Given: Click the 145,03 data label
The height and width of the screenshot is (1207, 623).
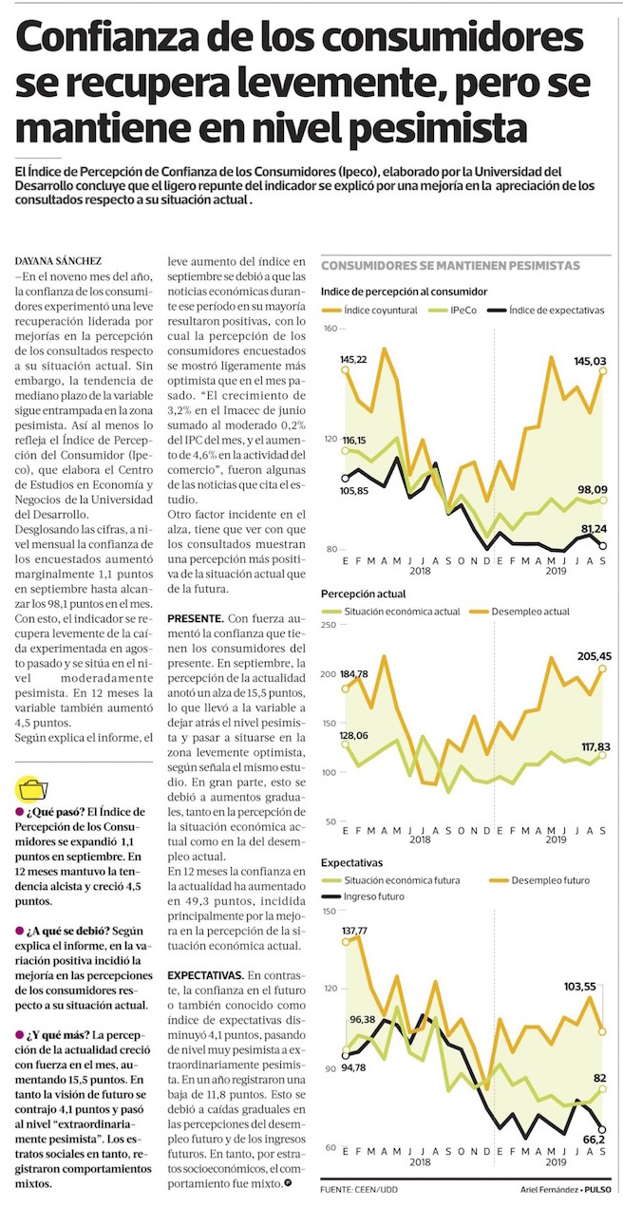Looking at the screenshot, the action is tap(590, 361).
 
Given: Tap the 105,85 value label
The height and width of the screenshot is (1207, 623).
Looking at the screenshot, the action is tap(354, 491).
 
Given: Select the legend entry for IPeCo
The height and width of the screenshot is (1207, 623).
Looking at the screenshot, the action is tap(452, 311).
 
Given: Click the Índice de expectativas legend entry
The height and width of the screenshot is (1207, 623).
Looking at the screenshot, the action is tap(545, 311).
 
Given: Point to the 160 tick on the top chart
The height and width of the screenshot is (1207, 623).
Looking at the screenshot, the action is tap(330, 329).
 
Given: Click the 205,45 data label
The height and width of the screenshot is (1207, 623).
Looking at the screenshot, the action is tap(594, 656).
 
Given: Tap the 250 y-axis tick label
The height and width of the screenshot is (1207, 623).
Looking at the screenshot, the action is tap(329, 625).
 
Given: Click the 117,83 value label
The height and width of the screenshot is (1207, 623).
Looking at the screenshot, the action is tap(595, 746).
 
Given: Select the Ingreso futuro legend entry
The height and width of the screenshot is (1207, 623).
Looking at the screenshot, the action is tap(362, 896).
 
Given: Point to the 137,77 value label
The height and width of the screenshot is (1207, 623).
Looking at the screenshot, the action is tap(354, 931).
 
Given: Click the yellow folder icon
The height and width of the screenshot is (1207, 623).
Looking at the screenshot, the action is tap(31, 789).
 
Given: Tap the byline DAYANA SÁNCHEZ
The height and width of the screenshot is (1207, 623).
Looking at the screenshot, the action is tap(58, 261).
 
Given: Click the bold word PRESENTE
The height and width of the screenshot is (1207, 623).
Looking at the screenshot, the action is tap(195, 618).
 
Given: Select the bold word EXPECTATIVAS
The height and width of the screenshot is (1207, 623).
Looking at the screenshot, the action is tap(206, 975).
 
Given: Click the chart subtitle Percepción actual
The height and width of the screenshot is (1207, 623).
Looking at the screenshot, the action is tap(363, 594).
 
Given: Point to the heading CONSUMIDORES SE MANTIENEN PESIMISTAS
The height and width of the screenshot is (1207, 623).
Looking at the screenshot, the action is tap(450, 266).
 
